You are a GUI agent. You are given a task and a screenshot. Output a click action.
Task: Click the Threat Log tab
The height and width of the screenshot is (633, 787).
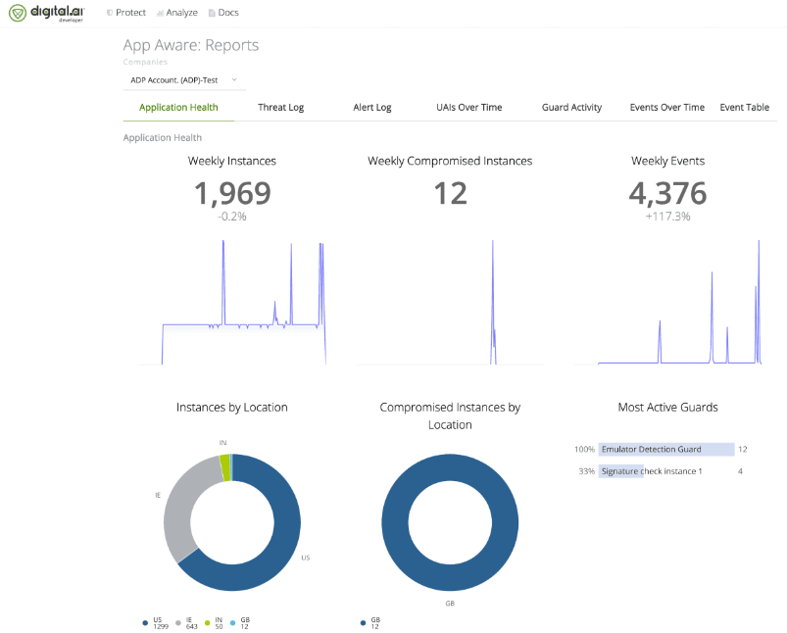pos(280,108)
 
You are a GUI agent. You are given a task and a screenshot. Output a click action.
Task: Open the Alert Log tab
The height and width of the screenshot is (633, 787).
pos(371,108)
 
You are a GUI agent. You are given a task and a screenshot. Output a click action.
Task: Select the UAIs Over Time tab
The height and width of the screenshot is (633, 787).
pos(468,108)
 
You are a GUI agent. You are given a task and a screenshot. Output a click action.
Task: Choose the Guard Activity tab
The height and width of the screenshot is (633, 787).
pos(571,108)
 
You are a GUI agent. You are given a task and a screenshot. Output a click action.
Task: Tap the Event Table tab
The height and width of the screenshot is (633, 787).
pos(744,108)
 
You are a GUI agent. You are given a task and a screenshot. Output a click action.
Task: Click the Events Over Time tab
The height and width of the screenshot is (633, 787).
pos(666,108)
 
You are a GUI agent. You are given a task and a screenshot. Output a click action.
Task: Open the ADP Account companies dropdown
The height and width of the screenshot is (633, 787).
pos(183,79)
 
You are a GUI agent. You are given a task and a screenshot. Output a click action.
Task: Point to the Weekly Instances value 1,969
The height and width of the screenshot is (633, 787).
pos(232,193)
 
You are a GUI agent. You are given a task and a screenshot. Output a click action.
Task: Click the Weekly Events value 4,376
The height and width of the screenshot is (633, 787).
pos(667,193)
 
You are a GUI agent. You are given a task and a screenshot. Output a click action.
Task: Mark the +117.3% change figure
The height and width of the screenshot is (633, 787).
pos(667,217)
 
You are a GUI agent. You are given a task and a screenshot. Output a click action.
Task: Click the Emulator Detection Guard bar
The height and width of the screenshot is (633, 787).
pos(666,449)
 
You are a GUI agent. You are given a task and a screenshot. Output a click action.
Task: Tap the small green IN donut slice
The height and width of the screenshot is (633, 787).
pos(225,467)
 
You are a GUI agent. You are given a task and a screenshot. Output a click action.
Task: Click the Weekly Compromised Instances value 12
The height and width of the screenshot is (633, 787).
pos(450,193)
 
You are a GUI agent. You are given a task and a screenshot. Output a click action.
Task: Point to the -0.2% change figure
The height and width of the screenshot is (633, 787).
pos(232,217)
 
